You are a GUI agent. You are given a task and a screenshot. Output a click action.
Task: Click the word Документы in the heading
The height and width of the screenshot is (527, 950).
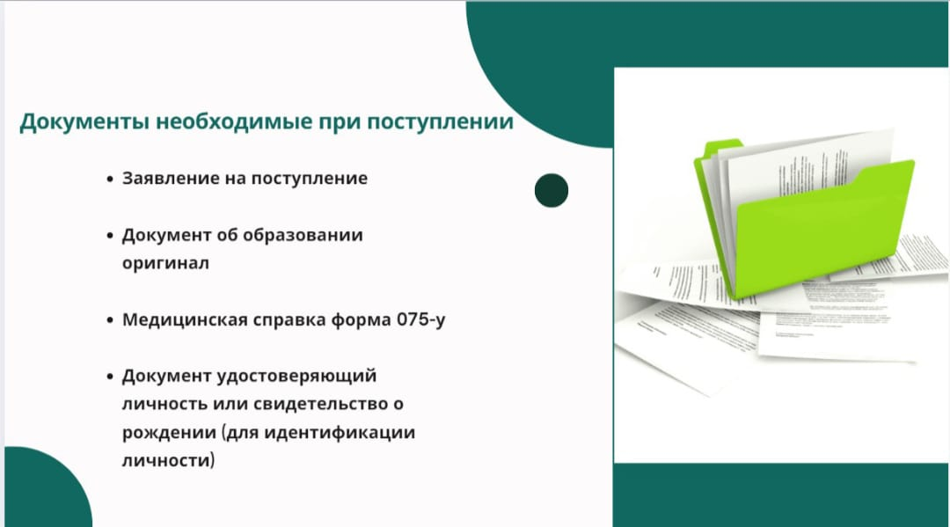84,122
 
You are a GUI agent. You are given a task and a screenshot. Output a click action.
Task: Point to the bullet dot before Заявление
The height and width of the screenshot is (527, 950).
110,179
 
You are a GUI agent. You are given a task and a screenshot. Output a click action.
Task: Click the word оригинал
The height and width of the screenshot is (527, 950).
165,264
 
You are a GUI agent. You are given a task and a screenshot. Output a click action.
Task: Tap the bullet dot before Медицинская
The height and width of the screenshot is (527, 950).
110,320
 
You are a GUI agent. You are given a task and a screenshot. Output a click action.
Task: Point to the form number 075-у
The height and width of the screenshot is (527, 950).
421,320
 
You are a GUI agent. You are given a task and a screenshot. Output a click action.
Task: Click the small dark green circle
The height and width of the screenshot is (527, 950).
552,191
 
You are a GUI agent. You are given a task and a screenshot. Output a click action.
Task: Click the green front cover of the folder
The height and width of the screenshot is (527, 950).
824,227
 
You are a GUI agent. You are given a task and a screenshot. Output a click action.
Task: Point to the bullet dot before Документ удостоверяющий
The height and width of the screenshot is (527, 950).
110,377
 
